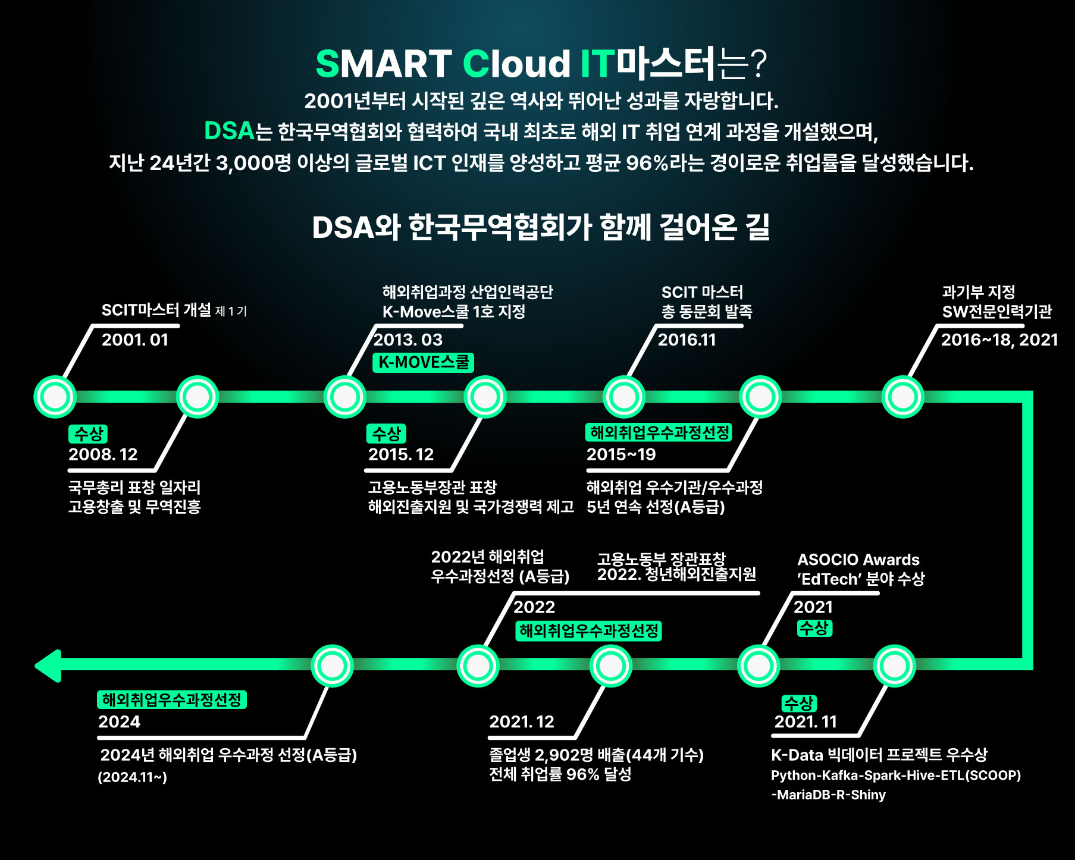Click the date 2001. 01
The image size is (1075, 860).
pyautogui.click(x=135, y=340)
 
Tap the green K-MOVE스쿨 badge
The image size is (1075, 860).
pyautogui.click(x=423, y=362)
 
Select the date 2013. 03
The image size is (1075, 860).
pyautogui.click(x=408, y=340)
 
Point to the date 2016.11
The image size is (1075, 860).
pyautogui.click(x=687, y=340)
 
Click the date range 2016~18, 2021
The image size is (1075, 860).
pyautogui.click(x=999, y=340)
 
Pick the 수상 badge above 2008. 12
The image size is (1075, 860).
pyautogui.click(x=88, y=434)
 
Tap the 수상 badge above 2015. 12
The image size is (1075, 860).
pyautogui.click(x=386, y=434)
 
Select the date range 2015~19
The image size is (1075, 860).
pyautogui.click(x=621, y=454)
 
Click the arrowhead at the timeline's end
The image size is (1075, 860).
pyautogui.click(x=48, y=666)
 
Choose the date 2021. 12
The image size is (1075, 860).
pyautogui.click(x=522, y=721)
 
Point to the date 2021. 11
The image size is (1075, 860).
pyautogui.click(x=806, y=721)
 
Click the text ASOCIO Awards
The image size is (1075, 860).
pyautogui.click(x=858, y=560)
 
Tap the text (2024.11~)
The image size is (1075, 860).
pyautogui.click(x=133, y=777)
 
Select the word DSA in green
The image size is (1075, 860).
pyautogui.click(x=229, y=131)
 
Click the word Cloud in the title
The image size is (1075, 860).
pyautogui.click(x=516, y=64)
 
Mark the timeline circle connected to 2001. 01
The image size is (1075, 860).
pyautogui.click(x=55, y=397)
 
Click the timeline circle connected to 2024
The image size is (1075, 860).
pyautogui.click(x=332, y=666)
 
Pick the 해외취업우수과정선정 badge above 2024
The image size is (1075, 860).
pyautogui.click(x=171, y=699)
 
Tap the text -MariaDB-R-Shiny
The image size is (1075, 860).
pyautogui.click(x=828, y=795)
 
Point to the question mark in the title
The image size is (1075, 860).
pyautogui.click(x=758, y=64)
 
